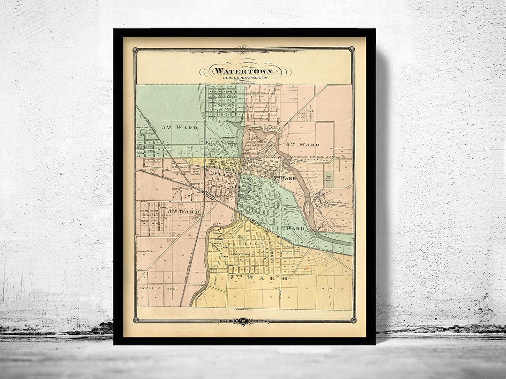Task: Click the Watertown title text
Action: (246, 71)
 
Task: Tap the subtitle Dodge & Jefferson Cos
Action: (246, 78)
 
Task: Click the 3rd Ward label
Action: (184, 211)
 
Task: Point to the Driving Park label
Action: (145, 251)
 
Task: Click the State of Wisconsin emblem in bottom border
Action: (244, 321)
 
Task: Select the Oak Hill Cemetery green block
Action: (329, 180)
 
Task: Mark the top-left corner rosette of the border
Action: (135, 50)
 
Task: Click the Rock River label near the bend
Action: (216, 225)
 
